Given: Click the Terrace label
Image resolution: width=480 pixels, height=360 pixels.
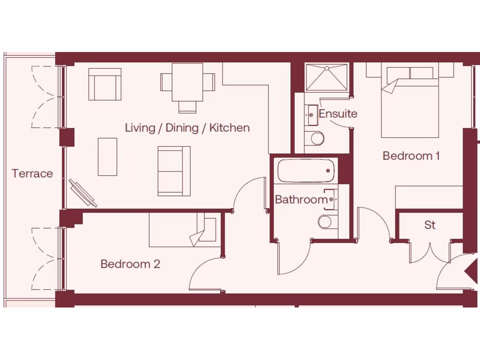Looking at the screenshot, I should coord(32,174).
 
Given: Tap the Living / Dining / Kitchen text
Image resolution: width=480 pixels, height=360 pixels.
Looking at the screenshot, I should coord(187,128).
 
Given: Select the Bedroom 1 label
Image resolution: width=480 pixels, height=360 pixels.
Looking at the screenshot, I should coord(411,156).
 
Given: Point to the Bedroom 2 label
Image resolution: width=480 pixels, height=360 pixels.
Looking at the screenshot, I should coord(130,264).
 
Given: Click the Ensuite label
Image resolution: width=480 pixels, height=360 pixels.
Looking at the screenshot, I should coord(338,114).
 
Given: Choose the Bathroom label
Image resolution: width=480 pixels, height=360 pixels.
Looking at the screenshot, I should coord(301,200).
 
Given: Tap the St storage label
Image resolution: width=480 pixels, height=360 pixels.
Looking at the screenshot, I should coord(430,225).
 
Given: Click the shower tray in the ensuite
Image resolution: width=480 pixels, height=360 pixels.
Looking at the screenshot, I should coord(327,77).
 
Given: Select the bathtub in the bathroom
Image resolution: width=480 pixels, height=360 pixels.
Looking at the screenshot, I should coord(307,171).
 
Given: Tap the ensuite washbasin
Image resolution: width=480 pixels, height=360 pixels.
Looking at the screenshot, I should coord(311,114).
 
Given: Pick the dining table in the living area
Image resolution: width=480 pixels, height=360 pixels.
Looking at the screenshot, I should coord(187,82).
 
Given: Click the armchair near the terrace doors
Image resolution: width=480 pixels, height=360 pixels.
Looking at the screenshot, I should coord(105,84).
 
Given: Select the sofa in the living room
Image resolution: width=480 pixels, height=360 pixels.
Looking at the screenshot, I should coord(174,171).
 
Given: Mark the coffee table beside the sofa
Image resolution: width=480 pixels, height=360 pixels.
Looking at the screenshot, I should coord(107,157).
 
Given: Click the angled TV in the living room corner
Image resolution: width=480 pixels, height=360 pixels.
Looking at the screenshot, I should coord(83,193).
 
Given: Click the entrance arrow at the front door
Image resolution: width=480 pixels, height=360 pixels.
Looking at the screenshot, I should coord(470,272).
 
